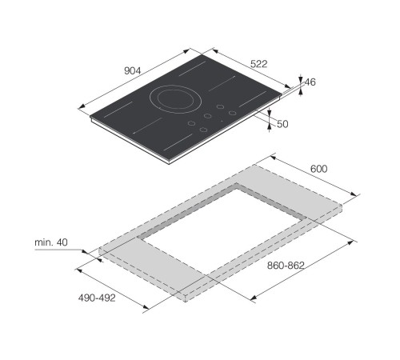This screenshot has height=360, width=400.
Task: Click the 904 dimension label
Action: [132, 70]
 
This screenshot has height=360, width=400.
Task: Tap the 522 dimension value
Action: [258, 64]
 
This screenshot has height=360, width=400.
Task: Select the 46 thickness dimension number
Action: [310, 82]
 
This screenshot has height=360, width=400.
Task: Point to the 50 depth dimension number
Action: [282, 124]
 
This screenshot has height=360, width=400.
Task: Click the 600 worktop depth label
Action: [318, 169]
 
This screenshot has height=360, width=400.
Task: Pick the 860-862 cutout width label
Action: [286, 266]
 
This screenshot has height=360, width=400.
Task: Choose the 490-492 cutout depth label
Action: [97, 298]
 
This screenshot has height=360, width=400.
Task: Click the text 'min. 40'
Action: [51, 242]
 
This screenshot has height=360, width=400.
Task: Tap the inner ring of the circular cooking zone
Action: [175, 99]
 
